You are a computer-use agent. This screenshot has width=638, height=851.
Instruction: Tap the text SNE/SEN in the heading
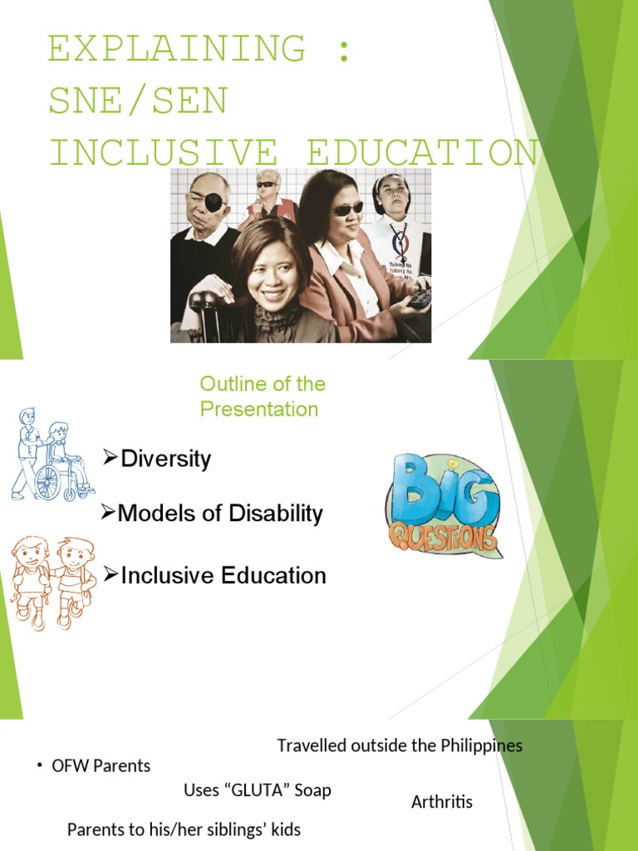click(x=138, y=101)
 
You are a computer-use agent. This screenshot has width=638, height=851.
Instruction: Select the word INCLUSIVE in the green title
click(x=162, y=154)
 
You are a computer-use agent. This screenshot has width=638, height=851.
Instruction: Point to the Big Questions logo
click(x=443, y=505)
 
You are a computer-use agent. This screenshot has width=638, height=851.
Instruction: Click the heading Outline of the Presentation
click(x=262, y=396)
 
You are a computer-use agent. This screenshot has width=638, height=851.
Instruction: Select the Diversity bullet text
click(x=165, y=459)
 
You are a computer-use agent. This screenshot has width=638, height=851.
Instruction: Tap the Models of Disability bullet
click(x=219, y=514)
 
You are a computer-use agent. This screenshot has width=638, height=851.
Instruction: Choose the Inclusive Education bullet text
click(x=223, y=575)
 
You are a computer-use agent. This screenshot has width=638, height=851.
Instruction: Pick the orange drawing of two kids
click(x=52, y=582)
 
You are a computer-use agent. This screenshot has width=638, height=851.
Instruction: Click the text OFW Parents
click(x=101, y=766)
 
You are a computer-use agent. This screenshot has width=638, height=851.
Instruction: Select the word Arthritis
click(x=441, y=802)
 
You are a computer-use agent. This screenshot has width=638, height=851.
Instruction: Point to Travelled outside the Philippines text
click(x=400, y=745)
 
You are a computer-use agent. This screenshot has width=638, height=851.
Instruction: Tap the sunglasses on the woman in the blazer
click(x=347, y=209)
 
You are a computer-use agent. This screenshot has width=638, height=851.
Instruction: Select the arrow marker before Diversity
click(x=110, y=457)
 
